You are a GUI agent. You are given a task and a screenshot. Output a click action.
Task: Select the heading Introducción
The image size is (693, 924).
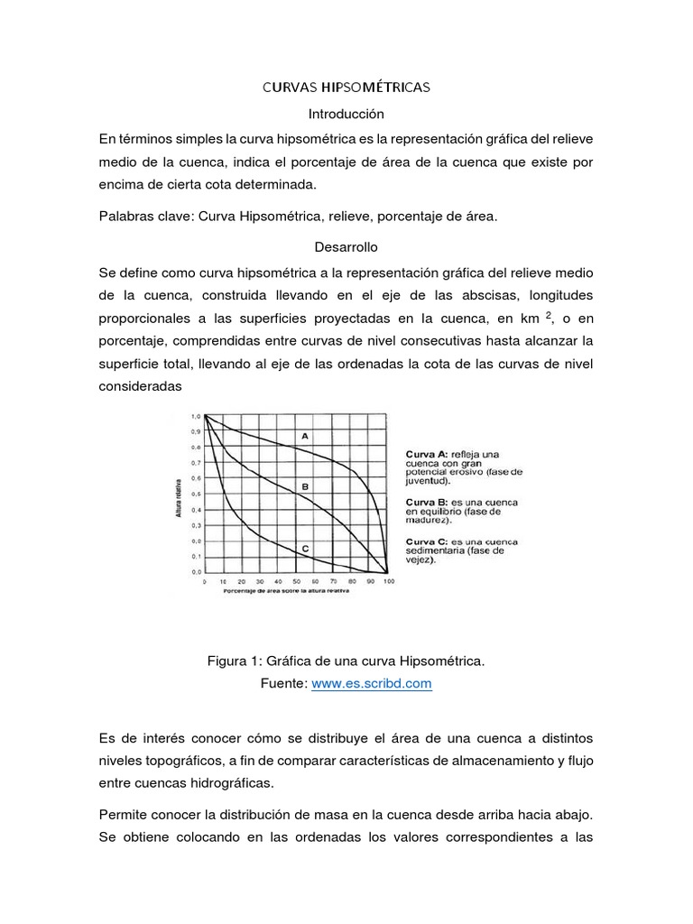point(346,115)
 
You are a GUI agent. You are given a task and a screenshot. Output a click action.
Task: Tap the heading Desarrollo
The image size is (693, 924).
point(346,245)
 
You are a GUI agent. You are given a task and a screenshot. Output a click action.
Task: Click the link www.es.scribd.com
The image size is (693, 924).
point(372,684)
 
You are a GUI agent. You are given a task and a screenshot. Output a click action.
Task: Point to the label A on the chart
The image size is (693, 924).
point(305,436)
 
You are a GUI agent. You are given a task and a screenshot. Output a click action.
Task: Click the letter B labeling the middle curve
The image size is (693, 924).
point(305,486)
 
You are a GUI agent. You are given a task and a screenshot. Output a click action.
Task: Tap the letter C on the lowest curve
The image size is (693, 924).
point(305,548)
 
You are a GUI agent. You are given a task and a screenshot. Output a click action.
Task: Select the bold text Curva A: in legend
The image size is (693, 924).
point(424,452)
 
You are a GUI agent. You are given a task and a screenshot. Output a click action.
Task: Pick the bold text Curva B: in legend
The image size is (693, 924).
point(424,501)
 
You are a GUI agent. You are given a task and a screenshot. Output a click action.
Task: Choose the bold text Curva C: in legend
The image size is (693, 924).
point(424,541)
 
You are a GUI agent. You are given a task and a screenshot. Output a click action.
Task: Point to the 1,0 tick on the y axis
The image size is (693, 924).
point(196,416)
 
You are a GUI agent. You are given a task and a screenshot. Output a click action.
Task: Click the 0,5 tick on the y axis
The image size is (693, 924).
point(196,494)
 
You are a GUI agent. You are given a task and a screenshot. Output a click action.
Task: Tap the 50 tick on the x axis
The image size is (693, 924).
point(296,583)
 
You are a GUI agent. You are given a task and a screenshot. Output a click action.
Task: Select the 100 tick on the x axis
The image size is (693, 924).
point(389,583)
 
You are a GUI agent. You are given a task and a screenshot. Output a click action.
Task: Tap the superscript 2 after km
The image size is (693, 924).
point(548,314)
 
